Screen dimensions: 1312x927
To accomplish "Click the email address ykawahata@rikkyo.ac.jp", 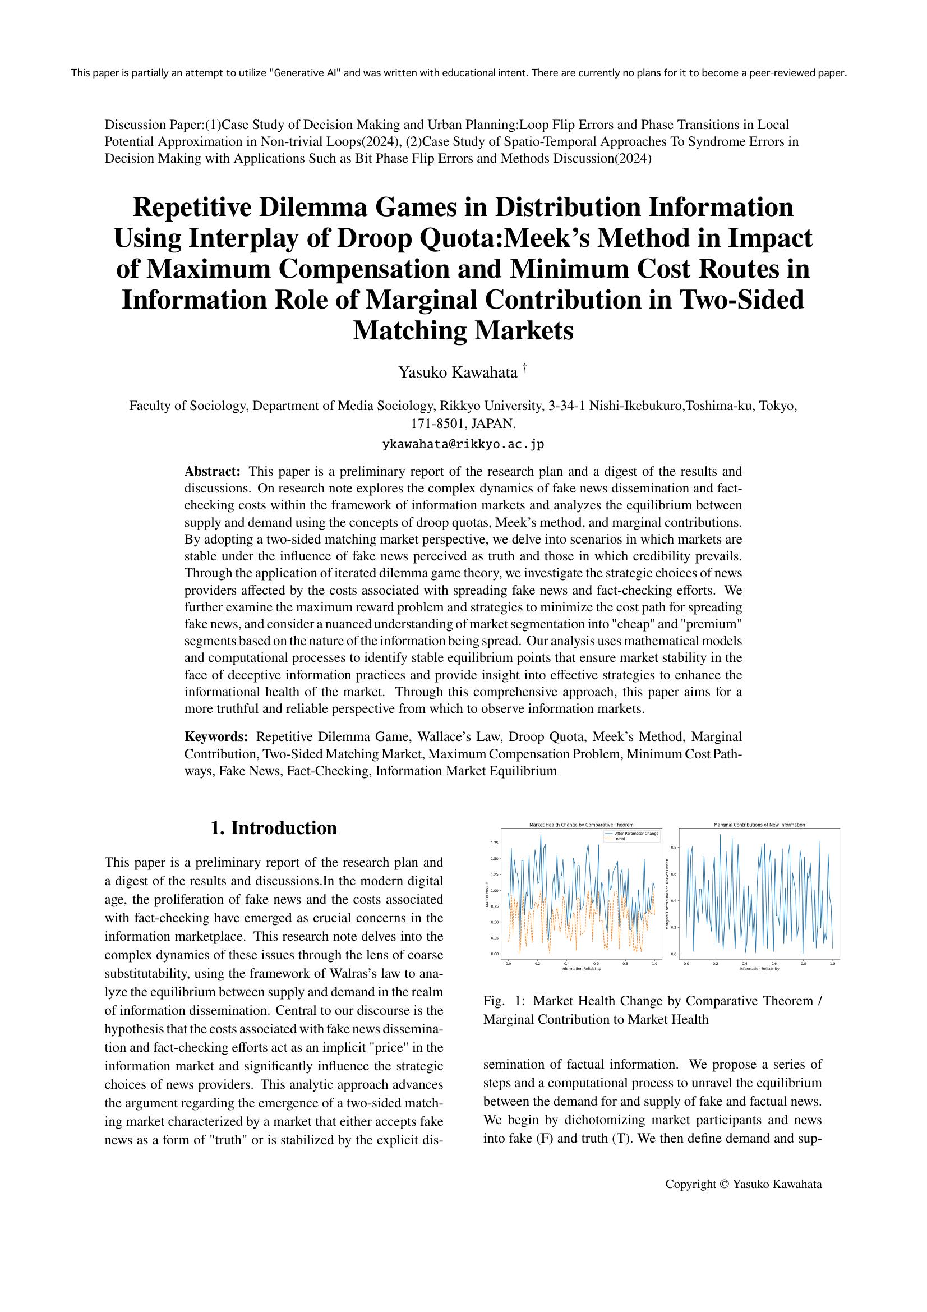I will click(x=463, y=444).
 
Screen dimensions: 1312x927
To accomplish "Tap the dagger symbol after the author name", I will click(x=524, y=369).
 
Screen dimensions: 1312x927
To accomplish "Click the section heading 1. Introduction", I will click(x=274, y=828).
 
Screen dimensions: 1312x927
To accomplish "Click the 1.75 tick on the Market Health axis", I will click(x=495, y=843).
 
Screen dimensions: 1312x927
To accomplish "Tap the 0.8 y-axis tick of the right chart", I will click(x=674, y=848).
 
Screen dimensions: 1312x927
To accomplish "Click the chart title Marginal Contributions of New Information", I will click(x=759, y=825).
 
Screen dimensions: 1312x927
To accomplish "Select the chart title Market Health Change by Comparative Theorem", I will click(x=582, y=825).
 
